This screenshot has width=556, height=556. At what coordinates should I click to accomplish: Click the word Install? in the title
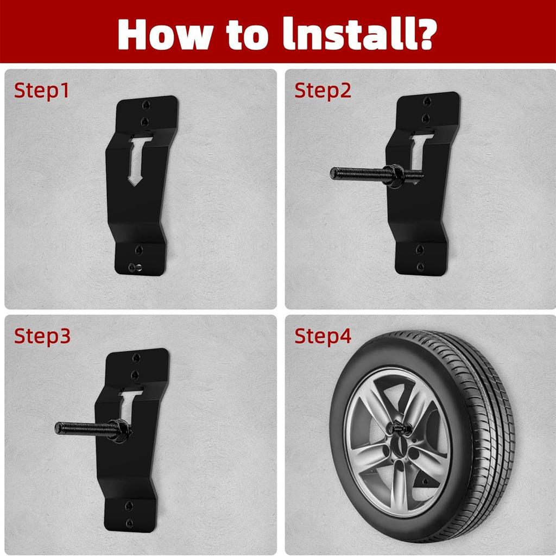[x=360, y=34]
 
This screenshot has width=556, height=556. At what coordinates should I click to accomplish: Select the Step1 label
[x=41, y=91]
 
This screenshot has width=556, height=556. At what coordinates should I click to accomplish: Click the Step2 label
[x=323, y=91]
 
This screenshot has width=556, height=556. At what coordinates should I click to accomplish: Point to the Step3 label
[x=42, y=336]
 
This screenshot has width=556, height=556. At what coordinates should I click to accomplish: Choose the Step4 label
[x=323, y=336]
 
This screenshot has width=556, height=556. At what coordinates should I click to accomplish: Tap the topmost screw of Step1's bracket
[x=146, y=105]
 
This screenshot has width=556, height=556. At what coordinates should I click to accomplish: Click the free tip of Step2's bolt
[x=333, y=173]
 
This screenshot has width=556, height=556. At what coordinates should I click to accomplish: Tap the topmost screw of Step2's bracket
[x=427, y=102]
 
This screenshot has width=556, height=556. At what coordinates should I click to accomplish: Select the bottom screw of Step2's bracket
[x=420, y=267]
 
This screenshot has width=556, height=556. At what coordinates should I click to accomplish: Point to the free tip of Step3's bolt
[x=58, y=428]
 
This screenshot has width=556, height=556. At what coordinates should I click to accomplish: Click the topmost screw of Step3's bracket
[x=136, y=358]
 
